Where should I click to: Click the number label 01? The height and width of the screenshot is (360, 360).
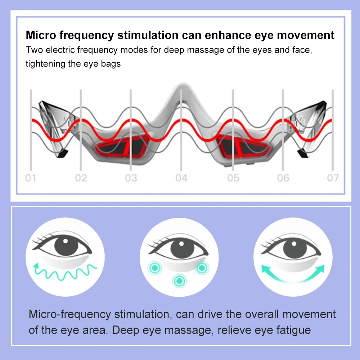coord(31,178)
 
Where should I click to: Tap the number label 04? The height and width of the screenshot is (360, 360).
coord(181,178)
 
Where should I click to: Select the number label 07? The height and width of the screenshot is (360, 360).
coord(333,178)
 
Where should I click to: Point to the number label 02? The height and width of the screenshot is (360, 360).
coord(81,178)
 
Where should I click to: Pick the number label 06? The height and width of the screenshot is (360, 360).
coord(283,178)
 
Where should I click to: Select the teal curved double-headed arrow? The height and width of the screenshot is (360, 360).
coord(293,273)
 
